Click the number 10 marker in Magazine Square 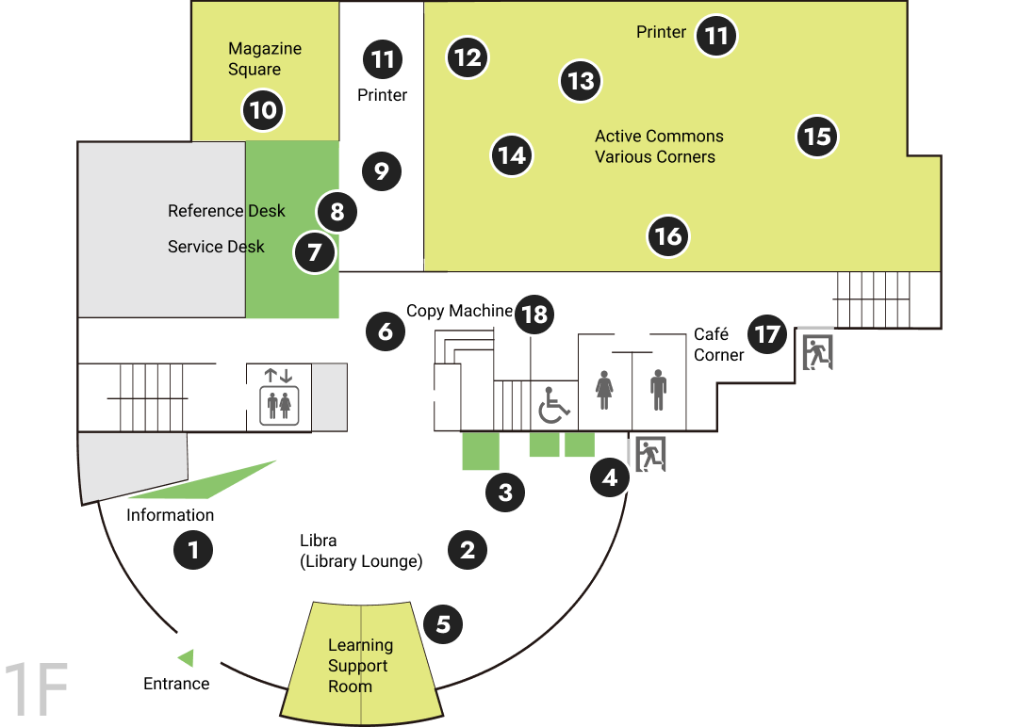pyautogui.click(x=263, y=110)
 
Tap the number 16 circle pyautogui.click(x=668, y=236)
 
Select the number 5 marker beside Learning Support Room pyautogui.click(x=443, y=624)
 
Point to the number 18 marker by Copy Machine pyautogui.click(x=534, y=315)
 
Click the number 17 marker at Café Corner pyautogui.click(x=766, y=334)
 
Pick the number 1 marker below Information pyautogui.click(x=193, y=550)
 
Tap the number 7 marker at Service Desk pyautogui.click(x=315, y=252)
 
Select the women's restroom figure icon pyautogui.click(x=604, y=390)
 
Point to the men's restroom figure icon pyautogui.click(x=658, y=390)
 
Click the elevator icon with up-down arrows pyautogui.click(x=279, y=396)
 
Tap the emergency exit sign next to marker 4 pyautogui.click(x=649, y=454)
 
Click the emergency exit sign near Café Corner pyautogui.click(x=817, y=352)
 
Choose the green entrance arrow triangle pyautogui.click(x=187, y=657)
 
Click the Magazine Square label pyautogui.click(x=265, y=59)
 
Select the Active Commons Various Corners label pyautogui.click(x=659, y=147)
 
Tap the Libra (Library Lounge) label pyautogui.click(x=361, y=551)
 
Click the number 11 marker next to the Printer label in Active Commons pyautogui.click(x=716, y=36)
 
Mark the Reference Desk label pyautogui.click(x=226, y=211)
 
